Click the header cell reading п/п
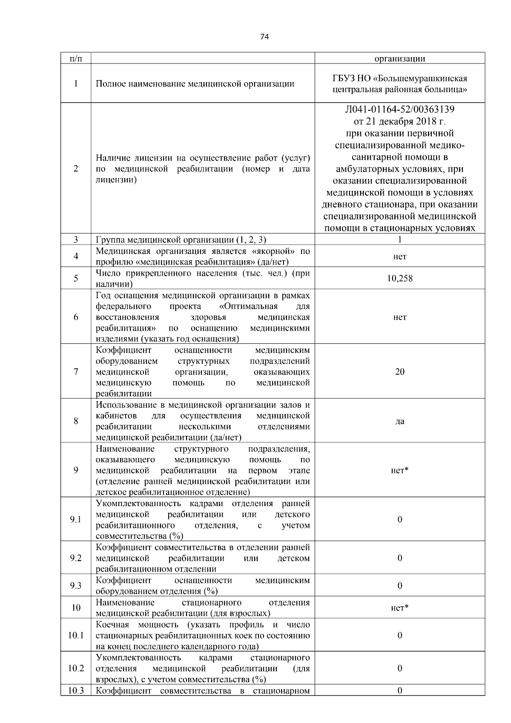[75, 58]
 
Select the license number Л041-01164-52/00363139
[399, 109]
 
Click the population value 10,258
[399, 279]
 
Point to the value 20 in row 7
[399, 372]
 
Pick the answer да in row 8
[399, 421]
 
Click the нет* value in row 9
[399, 470]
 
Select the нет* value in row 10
[399, 608]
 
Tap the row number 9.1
[75, 520]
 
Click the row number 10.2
[75, 668]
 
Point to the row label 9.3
[75, 586]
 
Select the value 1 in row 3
[399, 240]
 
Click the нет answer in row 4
[399, 256]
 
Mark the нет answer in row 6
[399, 317]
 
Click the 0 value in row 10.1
[399, 635]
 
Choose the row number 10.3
[75, 691]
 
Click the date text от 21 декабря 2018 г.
[399, 121]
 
